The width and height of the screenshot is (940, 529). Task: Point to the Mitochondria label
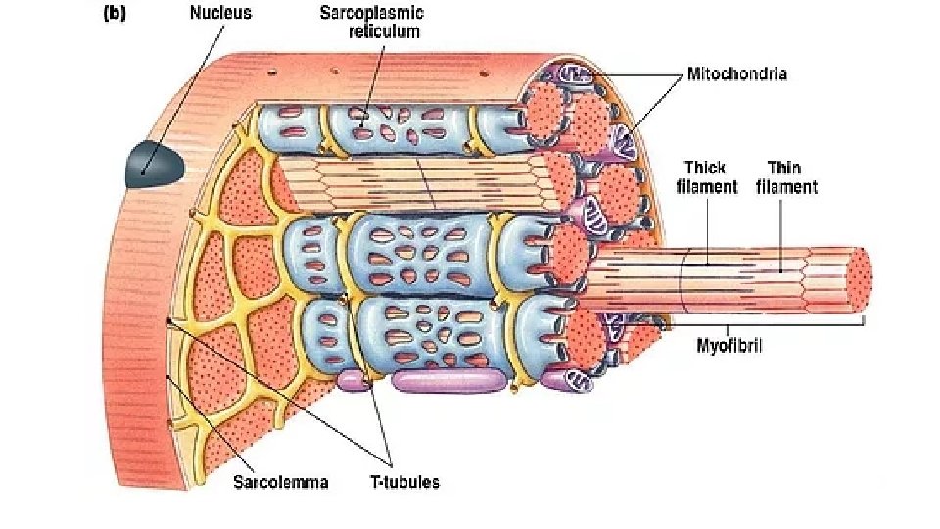pyautogui.click(x=736, y=72)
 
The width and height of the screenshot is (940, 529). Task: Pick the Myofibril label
pyautogui.click(x=729, y=345)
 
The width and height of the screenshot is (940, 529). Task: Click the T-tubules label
pyautogui.click(x=403, y=482)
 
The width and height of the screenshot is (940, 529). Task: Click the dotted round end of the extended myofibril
pyautogui.click(x=858, y=282)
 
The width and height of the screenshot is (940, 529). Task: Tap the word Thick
pyautogui.click(x=705, y=168)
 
